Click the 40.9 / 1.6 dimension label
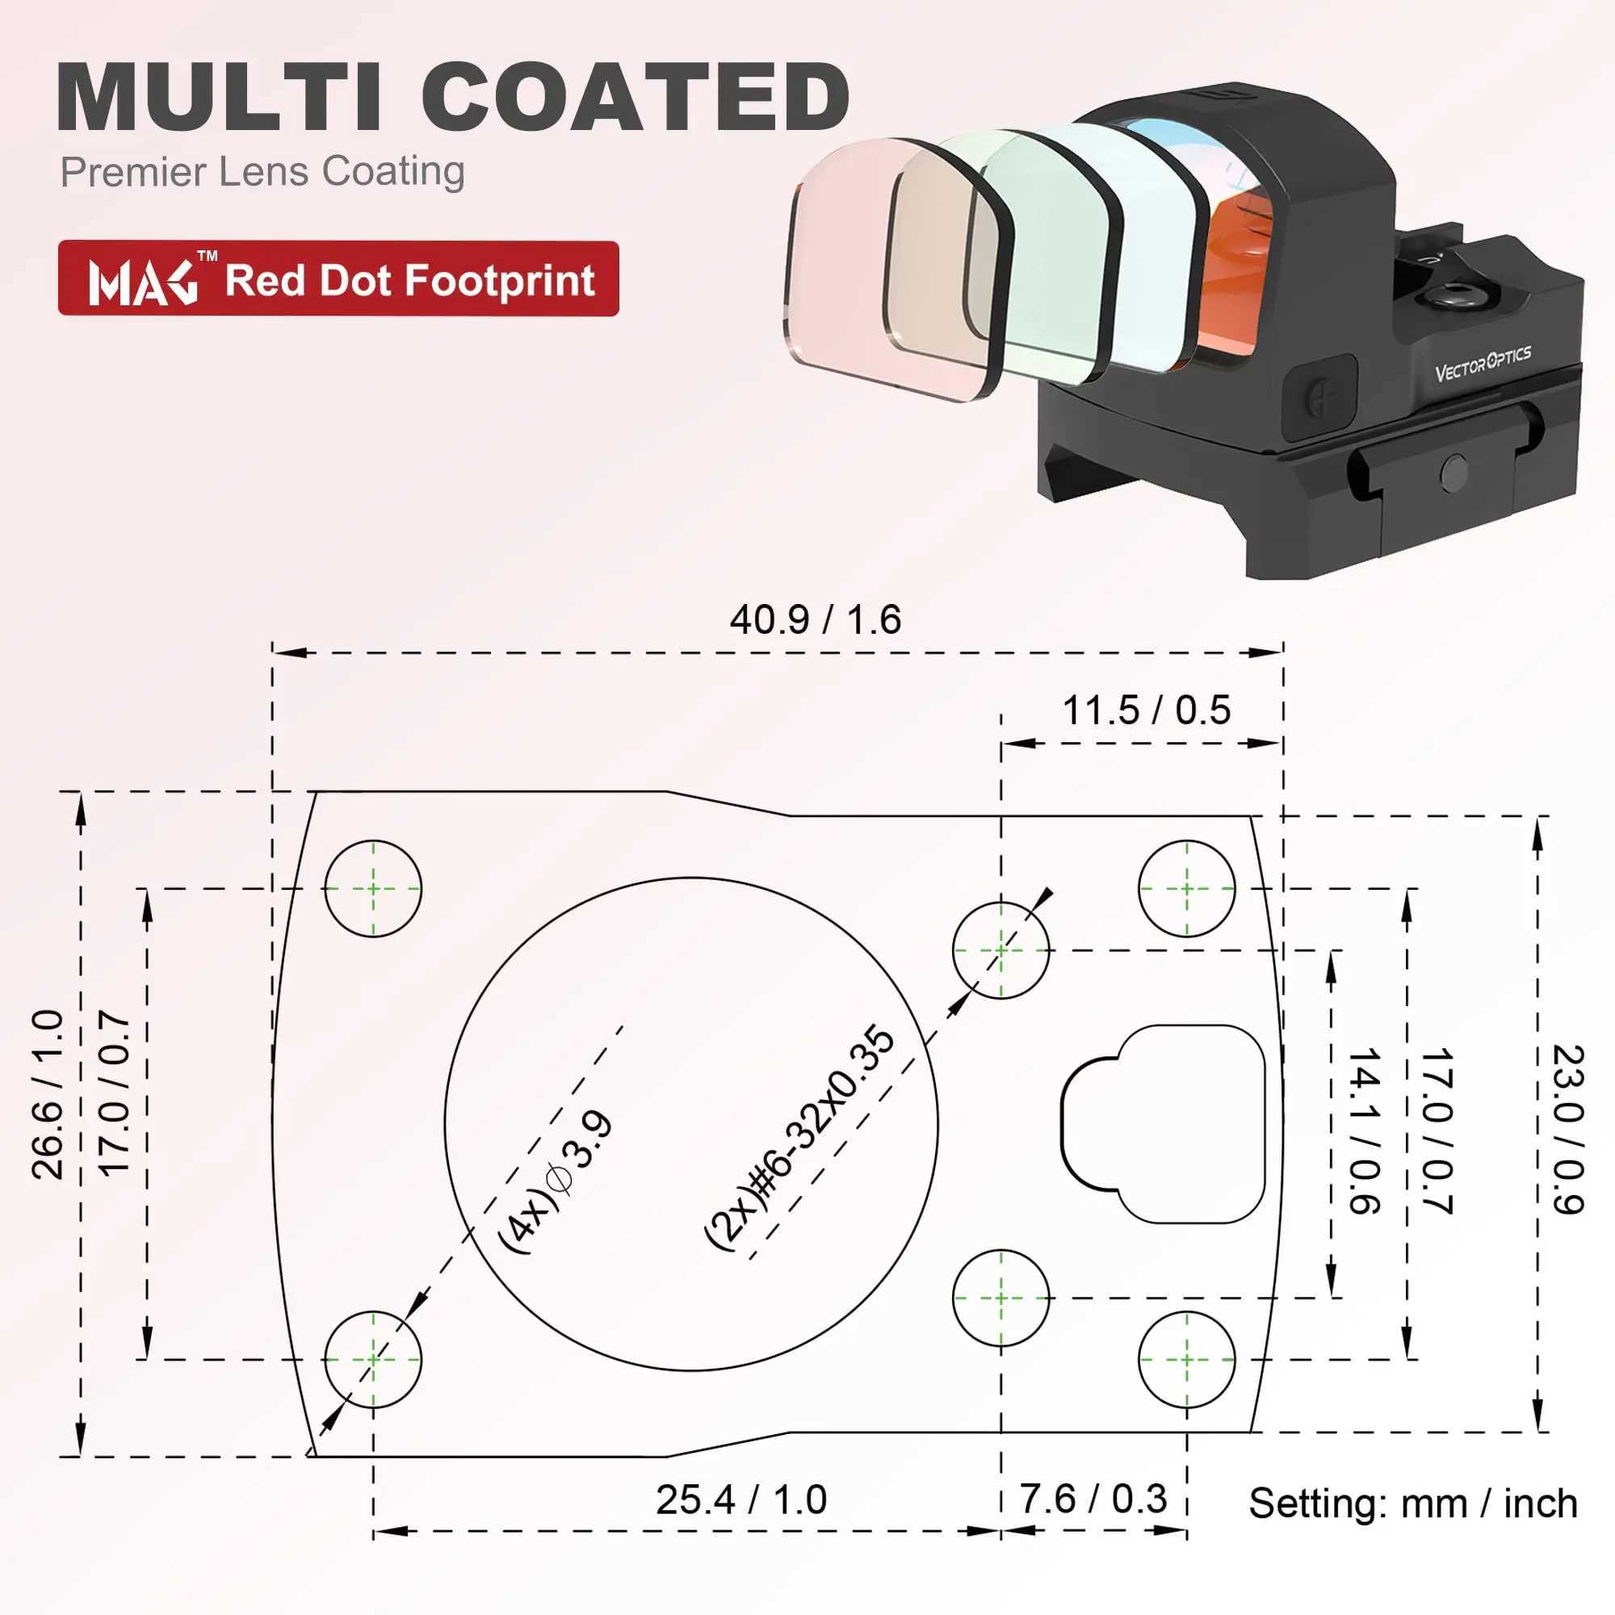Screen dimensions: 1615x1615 [x=815, y=620]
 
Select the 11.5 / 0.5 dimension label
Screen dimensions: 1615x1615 [x=1146, y=711]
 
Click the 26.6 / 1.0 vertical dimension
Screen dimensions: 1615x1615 [x=48, y=1094]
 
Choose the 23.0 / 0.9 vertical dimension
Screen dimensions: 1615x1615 [x=1568, y=1129]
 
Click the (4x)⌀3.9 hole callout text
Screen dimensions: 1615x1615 [x=556, y=1182]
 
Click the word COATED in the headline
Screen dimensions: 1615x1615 [x=641, y=98]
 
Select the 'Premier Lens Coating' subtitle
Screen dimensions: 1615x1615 [x=262, y=171]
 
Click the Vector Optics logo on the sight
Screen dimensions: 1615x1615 [x=1483, y=363]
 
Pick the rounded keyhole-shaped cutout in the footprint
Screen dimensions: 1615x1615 [x=1163, y=1124]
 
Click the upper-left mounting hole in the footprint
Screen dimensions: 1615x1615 [x=373, y=888]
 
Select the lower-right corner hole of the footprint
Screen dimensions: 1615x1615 [x=1186, y=1360]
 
